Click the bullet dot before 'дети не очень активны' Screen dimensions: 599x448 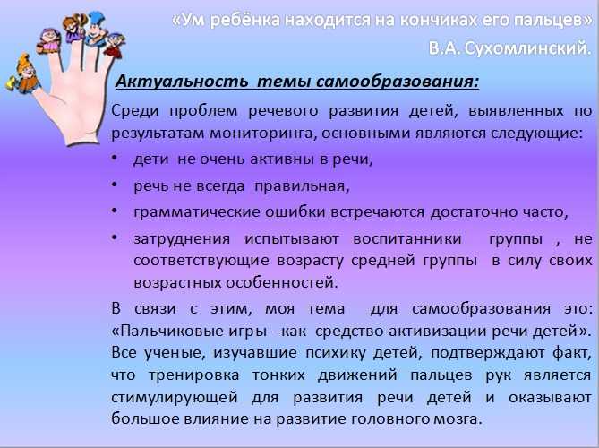tap(114, 158)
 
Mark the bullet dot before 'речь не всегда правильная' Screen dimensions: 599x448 tap(114, 185)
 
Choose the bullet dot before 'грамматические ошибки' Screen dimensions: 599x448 tap(114, 211)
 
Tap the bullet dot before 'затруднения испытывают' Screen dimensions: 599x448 tap(114, 237)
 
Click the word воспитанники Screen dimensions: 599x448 tap(407, 238)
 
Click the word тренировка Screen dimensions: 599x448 tap(194, 375)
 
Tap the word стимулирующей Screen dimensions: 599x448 tap(175, 398)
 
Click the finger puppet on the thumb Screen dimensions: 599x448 tap(23, 74)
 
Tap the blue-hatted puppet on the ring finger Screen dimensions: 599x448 tap(96, 29)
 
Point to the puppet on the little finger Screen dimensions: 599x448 tap(114, 46)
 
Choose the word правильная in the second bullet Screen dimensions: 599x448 tap(302, 186)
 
